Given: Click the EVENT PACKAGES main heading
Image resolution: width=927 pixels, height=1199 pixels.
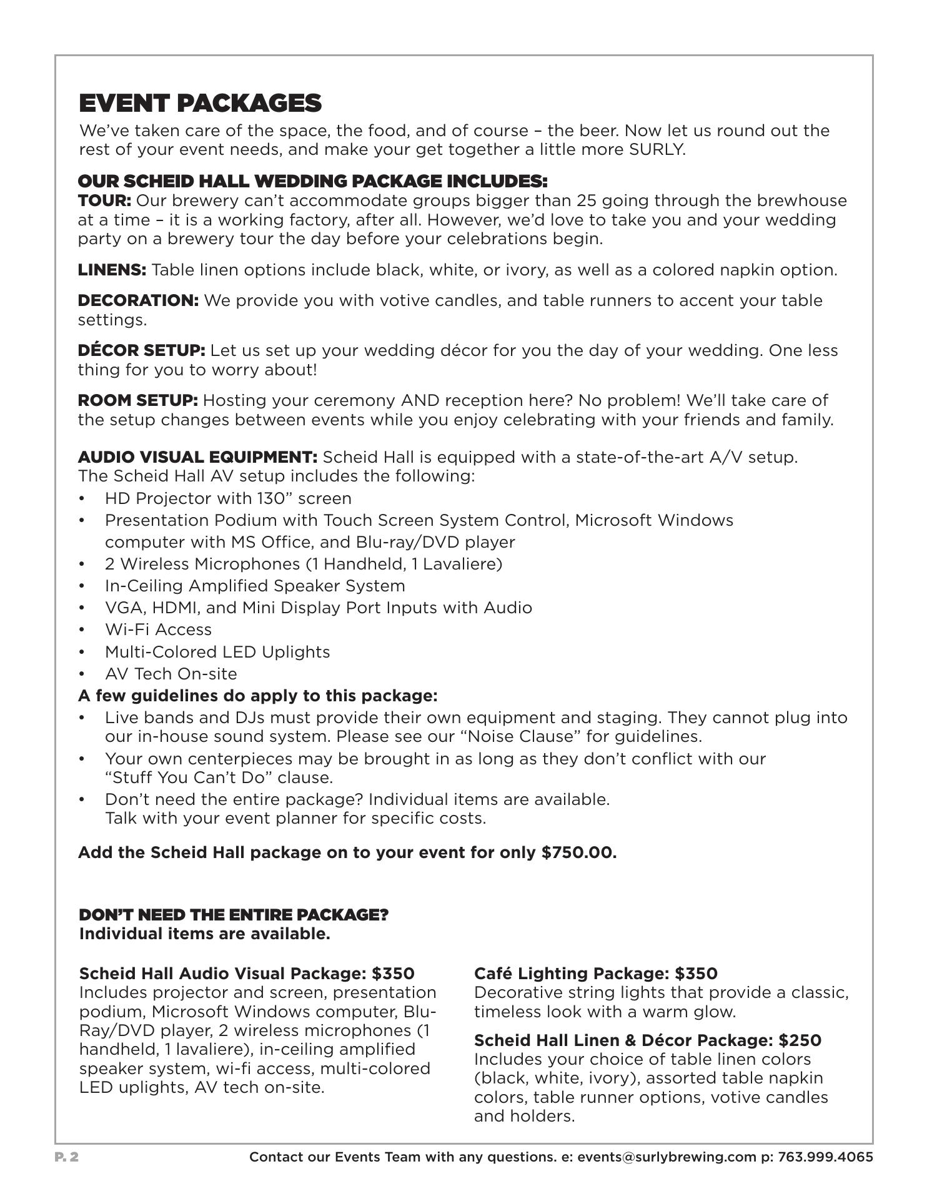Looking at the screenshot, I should [200, 103].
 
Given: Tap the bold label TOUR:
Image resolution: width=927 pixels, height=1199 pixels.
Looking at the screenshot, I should [104, 201].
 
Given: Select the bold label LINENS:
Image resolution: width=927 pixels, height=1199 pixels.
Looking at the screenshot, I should [112, 270].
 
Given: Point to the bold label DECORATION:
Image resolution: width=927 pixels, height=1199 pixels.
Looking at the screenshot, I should [138, 300].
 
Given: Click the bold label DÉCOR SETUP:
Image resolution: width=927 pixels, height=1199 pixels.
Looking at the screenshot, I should [141, 350].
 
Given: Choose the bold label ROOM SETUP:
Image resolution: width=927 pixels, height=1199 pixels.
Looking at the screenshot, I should [137, 400].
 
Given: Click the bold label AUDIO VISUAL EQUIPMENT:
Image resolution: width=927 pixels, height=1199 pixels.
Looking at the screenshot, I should [197, 457].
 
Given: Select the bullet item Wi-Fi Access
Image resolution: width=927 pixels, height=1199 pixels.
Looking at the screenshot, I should [158, 629].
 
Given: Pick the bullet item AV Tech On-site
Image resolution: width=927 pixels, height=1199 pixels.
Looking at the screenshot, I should [171, 674].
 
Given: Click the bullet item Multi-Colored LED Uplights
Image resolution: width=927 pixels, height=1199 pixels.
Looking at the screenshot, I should [217, 652].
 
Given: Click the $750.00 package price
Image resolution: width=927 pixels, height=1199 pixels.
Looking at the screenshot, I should [579, 853].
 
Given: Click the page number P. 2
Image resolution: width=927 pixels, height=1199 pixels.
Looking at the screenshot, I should [67, 1157].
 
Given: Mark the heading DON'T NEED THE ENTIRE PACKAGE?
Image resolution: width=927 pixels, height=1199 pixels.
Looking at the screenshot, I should [233, 915].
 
